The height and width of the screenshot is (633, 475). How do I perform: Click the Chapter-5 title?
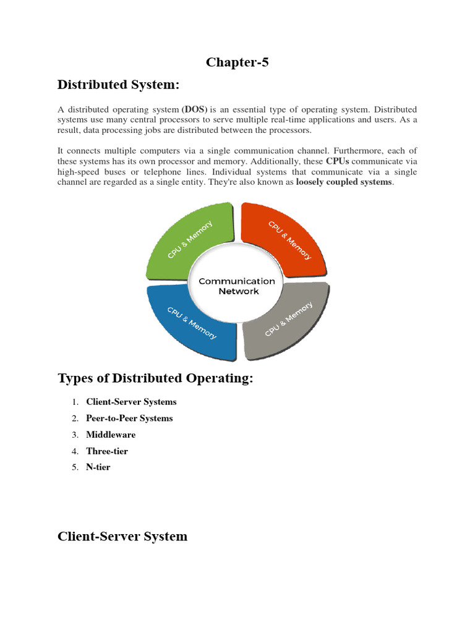(237, 62)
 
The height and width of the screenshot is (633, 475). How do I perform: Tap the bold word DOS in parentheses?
(195, 109)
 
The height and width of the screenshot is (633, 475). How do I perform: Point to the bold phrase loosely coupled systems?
(344, 182)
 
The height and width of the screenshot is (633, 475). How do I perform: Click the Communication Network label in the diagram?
(237, 286)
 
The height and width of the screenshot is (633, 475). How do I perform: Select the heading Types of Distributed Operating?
(155, 378)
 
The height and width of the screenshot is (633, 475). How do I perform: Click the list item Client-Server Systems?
(131, 402)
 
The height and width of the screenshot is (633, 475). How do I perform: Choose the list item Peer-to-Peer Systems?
(129, 418)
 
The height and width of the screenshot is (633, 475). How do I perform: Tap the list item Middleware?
(111, 435)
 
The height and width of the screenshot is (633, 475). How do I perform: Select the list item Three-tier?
(107, 451)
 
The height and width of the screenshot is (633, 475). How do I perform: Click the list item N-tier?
(98, 467)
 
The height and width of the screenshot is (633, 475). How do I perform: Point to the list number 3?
(74, 435)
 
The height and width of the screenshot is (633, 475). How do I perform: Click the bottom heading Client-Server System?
(122, 536)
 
